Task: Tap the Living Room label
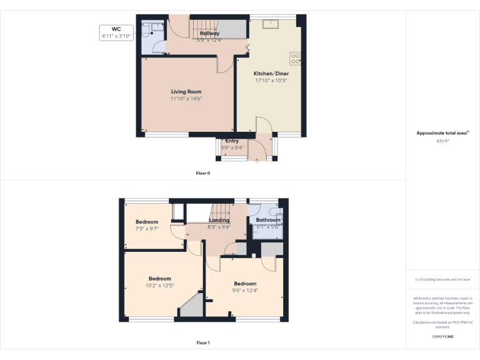click(186, 92)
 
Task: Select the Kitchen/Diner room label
click(271, 73)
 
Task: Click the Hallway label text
click(209, 33)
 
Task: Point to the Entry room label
click(232, 141)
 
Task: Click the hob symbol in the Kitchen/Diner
click(296, 58)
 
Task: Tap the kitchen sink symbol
click(271, 24)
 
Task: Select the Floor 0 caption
click(203, 172)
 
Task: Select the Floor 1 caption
click(203, 342)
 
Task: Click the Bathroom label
click(268, 220)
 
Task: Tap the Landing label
click(219, 220)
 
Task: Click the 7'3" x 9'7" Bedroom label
click(147, 222)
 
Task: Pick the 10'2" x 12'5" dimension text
click(159, 286)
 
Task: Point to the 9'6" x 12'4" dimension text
click(244, 290)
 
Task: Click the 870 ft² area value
click(443, 141)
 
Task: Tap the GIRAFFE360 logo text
click(443, 337)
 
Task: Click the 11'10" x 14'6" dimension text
click(186, 99)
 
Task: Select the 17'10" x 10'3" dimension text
click(271, 80)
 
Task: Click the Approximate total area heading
click(442, 133)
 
